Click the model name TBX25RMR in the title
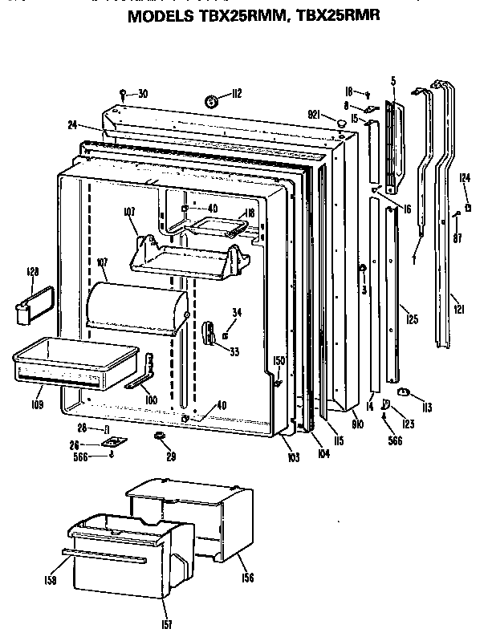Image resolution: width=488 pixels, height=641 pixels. coord(338,14)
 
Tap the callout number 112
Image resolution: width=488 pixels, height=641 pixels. coord(237,95)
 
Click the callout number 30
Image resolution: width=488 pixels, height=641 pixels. coord(142,94)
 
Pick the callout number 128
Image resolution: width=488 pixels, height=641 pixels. coord(32,273)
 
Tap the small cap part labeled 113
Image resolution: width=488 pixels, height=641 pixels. coord(404,391)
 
